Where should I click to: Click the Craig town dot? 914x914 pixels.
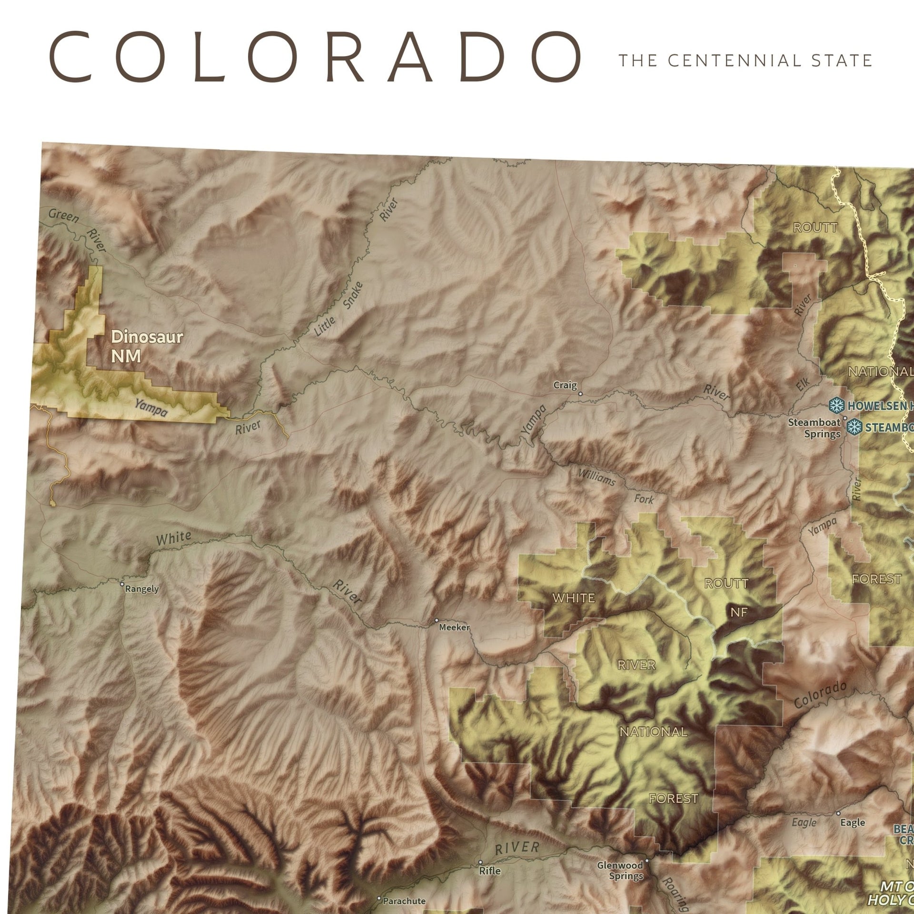580,394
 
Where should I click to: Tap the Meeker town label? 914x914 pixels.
454,627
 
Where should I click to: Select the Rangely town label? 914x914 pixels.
141,589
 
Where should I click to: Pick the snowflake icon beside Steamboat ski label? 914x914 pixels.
854,427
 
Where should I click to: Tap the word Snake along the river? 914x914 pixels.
353,295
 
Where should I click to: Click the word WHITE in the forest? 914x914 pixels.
574,598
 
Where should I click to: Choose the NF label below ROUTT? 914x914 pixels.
739,613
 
